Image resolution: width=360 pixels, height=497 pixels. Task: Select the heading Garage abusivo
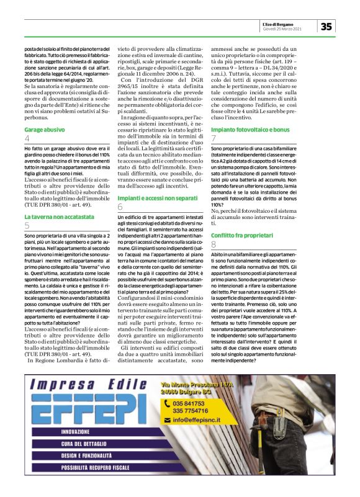point(45,130)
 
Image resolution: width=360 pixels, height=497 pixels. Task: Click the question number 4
point(27,139)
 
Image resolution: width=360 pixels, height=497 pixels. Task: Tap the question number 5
point(27,225)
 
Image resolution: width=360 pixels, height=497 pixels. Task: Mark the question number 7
point(214,138)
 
